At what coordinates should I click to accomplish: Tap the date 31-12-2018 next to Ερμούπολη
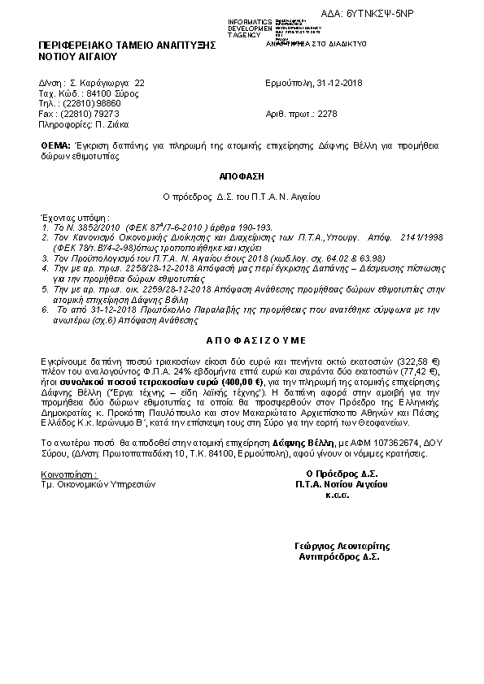(x=341, y=83)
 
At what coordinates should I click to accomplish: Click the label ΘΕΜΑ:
(x=55, y=144)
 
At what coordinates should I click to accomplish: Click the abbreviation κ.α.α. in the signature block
(x=337, y=494)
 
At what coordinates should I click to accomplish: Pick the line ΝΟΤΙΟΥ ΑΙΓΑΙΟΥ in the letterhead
(x=78, y=58)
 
